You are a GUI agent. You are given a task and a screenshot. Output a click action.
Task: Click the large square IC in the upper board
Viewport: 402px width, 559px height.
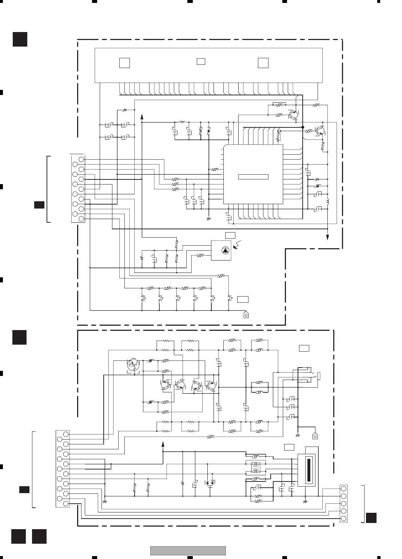pyautogui.click(x=253, y=175)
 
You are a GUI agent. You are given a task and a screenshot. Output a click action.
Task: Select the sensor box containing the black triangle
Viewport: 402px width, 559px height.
pyautogui.click(x=221, y=250)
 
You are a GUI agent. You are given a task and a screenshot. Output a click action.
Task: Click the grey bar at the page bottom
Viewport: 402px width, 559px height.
pyautogui.click(x=188, y=551)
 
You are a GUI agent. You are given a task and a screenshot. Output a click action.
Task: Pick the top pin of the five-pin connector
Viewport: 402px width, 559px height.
pyautogui.click(x=343, y=488)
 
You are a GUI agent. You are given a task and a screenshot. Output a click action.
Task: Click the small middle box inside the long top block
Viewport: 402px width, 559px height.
pyautogui.click(x=201, y=62)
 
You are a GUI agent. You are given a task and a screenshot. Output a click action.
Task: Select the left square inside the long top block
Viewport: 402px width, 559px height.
pyautogui.click(x=124, y=63)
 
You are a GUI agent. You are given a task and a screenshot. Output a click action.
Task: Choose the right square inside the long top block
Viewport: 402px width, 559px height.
pyautogui.click(x=263, y=63)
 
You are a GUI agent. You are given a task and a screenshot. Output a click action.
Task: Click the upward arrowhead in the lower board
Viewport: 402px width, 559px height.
pyautogui.click(x=163, y=444)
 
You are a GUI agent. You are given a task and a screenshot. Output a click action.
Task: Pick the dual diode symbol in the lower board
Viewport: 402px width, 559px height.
pyautogui.click(x=210, y=483)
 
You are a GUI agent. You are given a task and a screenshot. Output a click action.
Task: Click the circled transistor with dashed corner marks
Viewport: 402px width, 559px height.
pyautogui.click(x=133, y=364)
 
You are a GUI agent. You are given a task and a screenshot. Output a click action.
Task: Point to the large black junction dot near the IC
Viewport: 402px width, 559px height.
pyautogui.click(x=303, y=127)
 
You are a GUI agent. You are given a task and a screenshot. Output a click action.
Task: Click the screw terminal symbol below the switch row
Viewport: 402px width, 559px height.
pyautogui.click(x=246, y=315)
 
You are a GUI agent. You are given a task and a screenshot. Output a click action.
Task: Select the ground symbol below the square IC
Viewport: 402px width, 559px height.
pyautogui.click(x=209, y=219)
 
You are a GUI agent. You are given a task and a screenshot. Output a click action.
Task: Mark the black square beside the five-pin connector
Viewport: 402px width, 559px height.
pyautogui.click(x=371, y=518)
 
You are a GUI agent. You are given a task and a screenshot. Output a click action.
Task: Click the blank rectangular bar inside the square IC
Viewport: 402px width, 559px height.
pyautogui.click(x=253, y=177)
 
